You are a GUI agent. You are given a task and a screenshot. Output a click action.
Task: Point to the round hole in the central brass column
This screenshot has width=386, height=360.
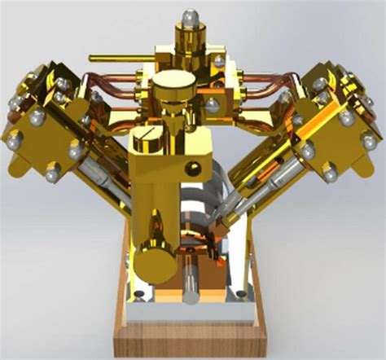coord(194,169)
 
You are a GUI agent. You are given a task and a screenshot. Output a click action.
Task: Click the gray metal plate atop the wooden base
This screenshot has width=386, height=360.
coord(193,310)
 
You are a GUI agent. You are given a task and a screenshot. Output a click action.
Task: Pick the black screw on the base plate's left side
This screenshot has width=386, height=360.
coord(139,294)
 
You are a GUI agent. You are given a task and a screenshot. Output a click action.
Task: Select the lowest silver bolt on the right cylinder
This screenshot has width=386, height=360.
coord(330,173)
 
